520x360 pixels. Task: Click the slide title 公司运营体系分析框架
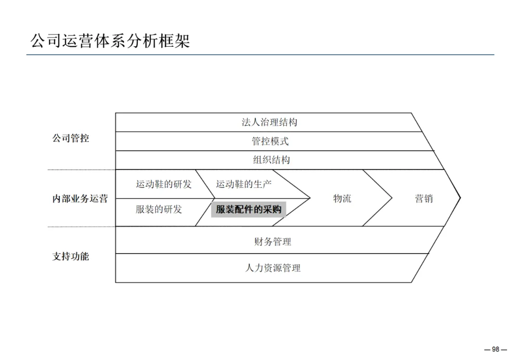click(x=110, y=41)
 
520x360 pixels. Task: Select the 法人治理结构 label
click(x=269, y=122)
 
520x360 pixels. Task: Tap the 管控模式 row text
click(x=270, y=141)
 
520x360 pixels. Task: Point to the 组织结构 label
click(x=272, y=160)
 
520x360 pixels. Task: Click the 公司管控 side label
click(x=71, y=139)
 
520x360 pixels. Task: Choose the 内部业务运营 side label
click(x=80, y=199)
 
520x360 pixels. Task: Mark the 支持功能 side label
click(x=71, y=257)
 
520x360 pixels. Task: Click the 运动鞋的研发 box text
click(x=164, y=184)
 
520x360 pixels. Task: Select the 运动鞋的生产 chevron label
click(x=244, y=184)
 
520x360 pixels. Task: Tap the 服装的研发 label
click(x=159, y=209)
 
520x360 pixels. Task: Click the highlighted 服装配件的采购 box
click(x=248, y=209)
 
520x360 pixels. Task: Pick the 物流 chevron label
click(x=342, y=198)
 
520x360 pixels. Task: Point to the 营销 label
click(x=424, y=198)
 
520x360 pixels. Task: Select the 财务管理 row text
click(x=273, y=242)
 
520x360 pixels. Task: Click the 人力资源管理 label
click(x=273, y=268)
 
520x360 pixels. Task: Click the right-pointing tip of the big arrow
click(x=460, y=197)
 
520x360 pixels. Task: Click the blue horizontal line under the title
click(x=260, y=55)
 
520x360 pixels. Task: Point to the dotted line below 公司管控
click(x=81, y=169)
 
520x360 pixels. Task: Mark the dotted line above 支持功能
click(x=81, y=227)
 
